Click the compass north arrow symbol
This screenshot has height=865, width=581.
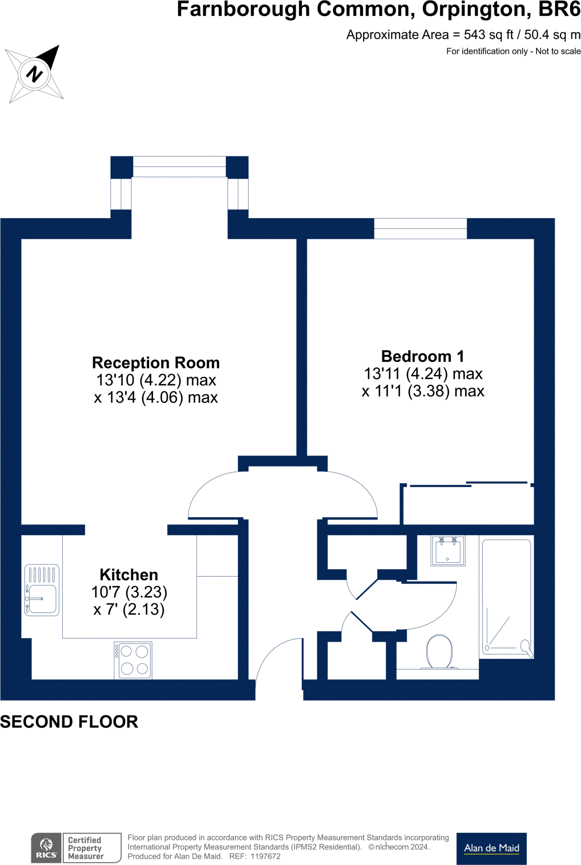pos(35,74)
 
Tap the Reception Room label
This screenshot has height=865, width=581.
pos(156,363)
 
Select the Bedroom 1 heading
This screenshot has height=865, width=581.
pos(422,356)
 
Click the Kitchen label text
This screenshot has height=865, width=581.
pos(129,575)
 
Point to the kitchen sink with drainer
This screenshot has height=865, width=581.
pos(42,590)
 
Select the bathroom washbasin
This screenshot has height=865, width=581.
pos(448,551)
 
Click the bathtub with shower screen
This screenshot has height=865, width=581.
pos(506,598)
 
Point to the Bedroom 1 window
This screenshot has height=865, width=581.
pos(420,228)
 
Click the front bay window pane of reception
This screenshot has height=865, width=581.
pos(180,166)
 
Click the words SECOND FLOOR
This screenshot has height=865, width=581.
pos(69,722)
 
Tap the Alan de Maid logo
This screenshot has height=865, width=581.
pos(491,848)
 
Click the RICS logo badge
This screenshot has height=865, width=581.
pos(46,848)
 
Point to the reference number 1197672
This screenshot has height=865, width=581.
pos(265,856)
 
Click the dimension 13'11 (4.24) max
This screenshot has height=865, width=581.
pos(423,374)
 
